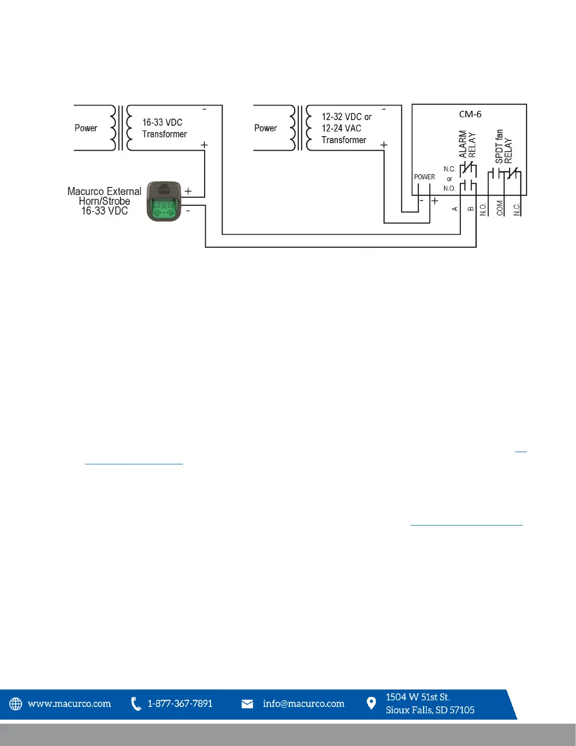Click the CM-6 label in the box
click(470, 114)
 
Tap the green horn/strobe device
click(164, 202)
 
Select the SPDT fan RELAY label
click(504, 146)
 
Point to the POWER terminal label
click(424, 177)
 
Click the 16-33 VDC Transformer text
click(164, 128)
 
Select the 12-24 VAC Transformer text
click(344, 134)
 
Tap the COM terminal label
click(500, 208)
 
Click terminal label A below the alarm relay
click(455, 209)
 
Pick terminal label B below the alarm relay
click(471, 209)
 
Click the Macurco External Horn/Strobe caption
click(104, 201)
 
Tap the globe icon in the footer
click(16, 704)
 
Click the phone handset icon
click(136, 704)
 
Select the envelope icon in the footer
click(247, 704)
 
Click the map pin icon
click(371, 703)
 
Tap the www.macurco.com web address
click(70, 704)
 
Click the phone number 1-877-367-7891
click(180, 704)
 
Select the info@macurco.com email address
click(304, 704)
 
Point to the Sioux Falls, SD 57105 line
click(430, 710)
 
